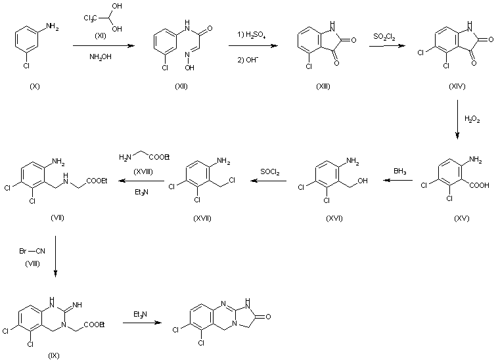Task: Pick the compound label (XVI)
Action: click(x=334, y=218)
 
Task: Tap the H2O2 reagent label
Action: click(x=472, y=119)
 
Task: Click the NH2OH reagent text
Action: click(x=100, y=56)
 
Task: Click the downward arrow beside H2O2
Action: click(x=457, y=121)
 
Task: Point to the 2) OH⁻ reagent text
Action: click(x=250, y=56)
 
